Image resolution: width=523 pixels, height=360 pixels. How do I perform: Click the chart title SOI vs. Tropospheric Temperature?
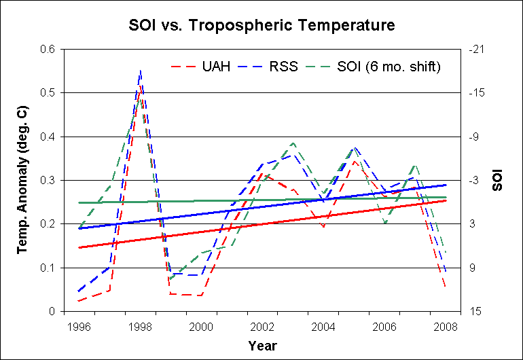[x=261, y=27]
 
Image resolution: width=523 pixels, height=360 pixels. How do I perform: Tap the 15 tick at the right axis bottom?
[x=475, y=311]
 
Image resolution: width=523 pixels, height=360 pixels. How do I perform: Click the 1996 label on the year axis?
[x=79, y=326]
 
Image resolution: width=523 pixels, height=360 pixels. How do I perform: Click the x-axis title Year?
[x=262, y=346]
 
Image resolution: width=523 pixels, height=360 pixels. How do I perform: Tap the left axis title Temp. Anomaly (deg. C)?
[x=22, y=180]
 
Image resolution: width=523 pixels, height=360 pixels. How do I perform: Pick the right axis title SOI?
[x=499, y=180]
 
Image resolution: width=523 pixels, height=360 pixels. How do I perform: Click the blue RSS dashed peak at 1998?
[x=141, y=70]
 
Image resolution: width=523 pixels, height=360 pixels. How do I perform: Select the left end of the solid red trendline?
[x=79, y=247]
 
